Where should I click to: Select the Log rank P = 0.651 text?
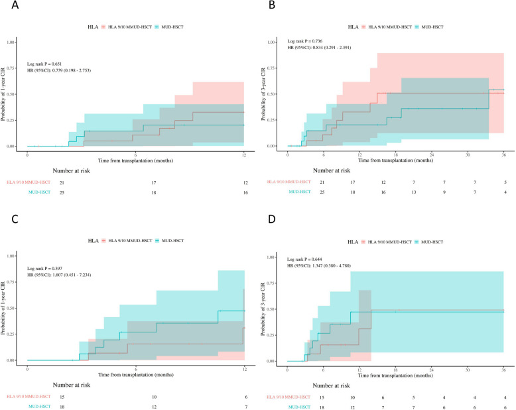pos(44,64)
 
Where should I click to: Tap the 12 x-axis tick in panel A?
pos(244,155)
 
